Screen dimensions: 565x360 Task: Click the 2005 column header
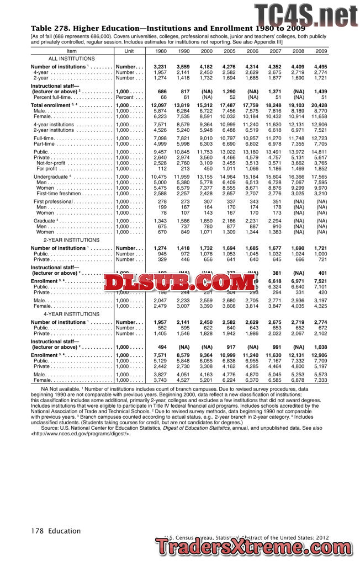pyautogui.click(x=229, y=51)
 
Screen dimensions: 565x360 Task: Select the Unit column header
pyautogui.click(x=129, y=51)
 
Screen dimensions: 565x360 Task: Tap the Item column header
pyautogui.click(x=71, y=51)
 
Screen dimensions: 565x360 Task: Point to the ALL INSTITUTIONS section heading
pyautogui.click(x=72, y=58)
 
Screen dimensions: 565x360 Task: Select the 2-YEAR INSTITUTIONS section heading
pyautogui.click(x=72, y=240)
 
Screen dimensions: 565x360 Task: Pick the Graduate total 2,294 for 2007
pyautogui.click(x=274, y=221)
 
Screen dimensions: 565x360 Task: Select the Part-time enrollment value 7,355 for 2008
pyautogui.click(x=298, y=143)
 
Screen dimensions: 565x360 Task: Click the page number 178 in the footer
pyautogui.click(x=38, y=531)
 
